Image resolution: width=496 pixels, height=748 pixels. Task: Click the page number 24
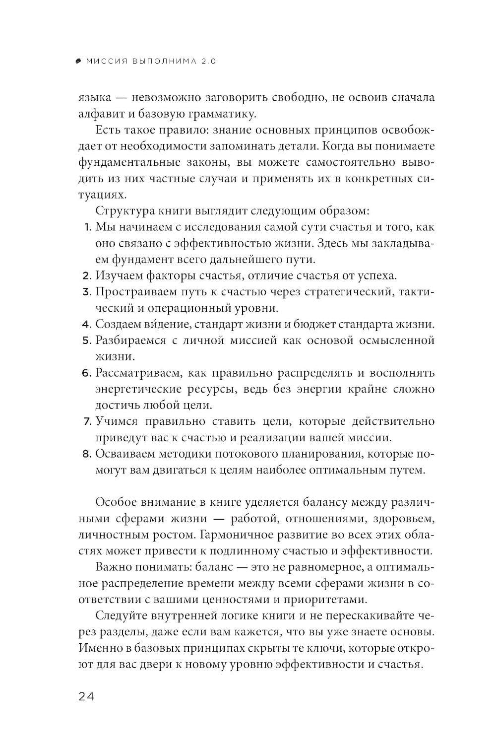(86, 696)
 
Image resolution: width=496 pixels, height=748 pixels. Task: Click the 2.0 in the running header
(209, 62)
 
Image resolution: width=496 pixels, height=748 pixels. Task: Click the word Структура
(122, 210)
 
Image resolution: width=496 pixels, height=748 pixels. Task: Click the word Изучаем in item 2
(118, 275)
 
